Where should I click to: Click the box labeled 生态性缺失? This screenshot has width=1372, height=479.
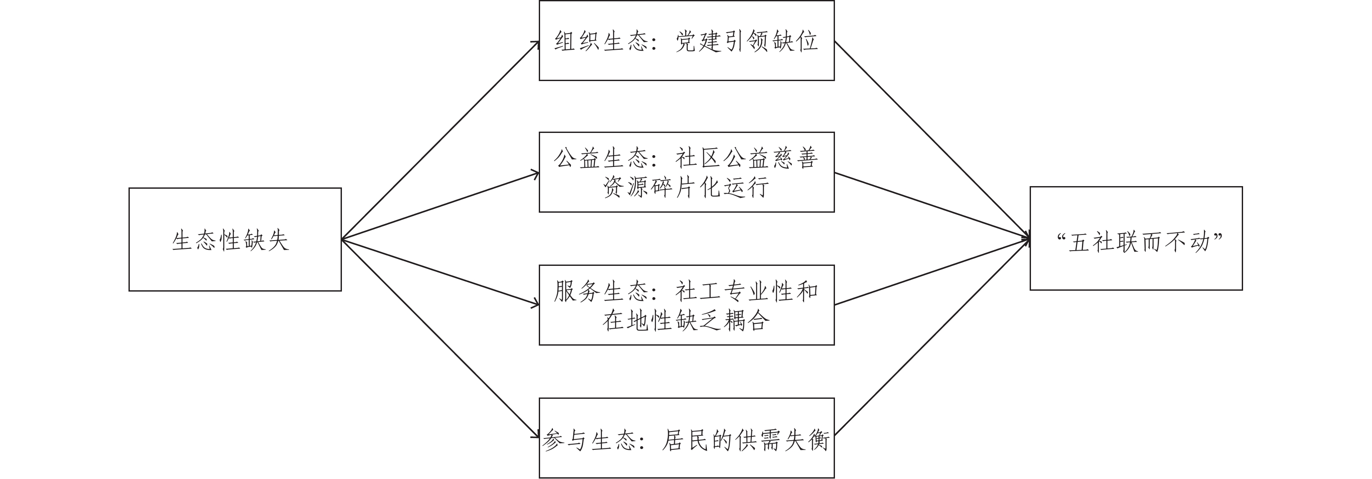(x=235, y=239)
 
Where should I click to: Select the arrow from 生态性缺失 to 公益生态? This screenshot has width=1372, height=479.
(x=440, y=206)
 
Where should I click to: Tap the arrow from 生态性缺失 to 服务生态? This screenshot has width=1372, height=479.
(x=440, y=272)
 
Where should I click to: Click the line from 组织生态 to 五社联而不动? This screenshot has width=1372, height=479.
(x=932, y=141)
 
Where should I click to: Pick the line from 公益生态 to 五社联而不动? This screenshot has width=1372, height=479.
(x=932, y=206)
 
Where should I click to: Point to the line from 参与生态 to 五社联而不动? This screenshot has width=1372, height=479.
(x=932, y=338)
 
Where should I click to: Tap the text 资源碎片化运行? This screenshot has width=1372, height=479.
(x=686, y=187)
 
